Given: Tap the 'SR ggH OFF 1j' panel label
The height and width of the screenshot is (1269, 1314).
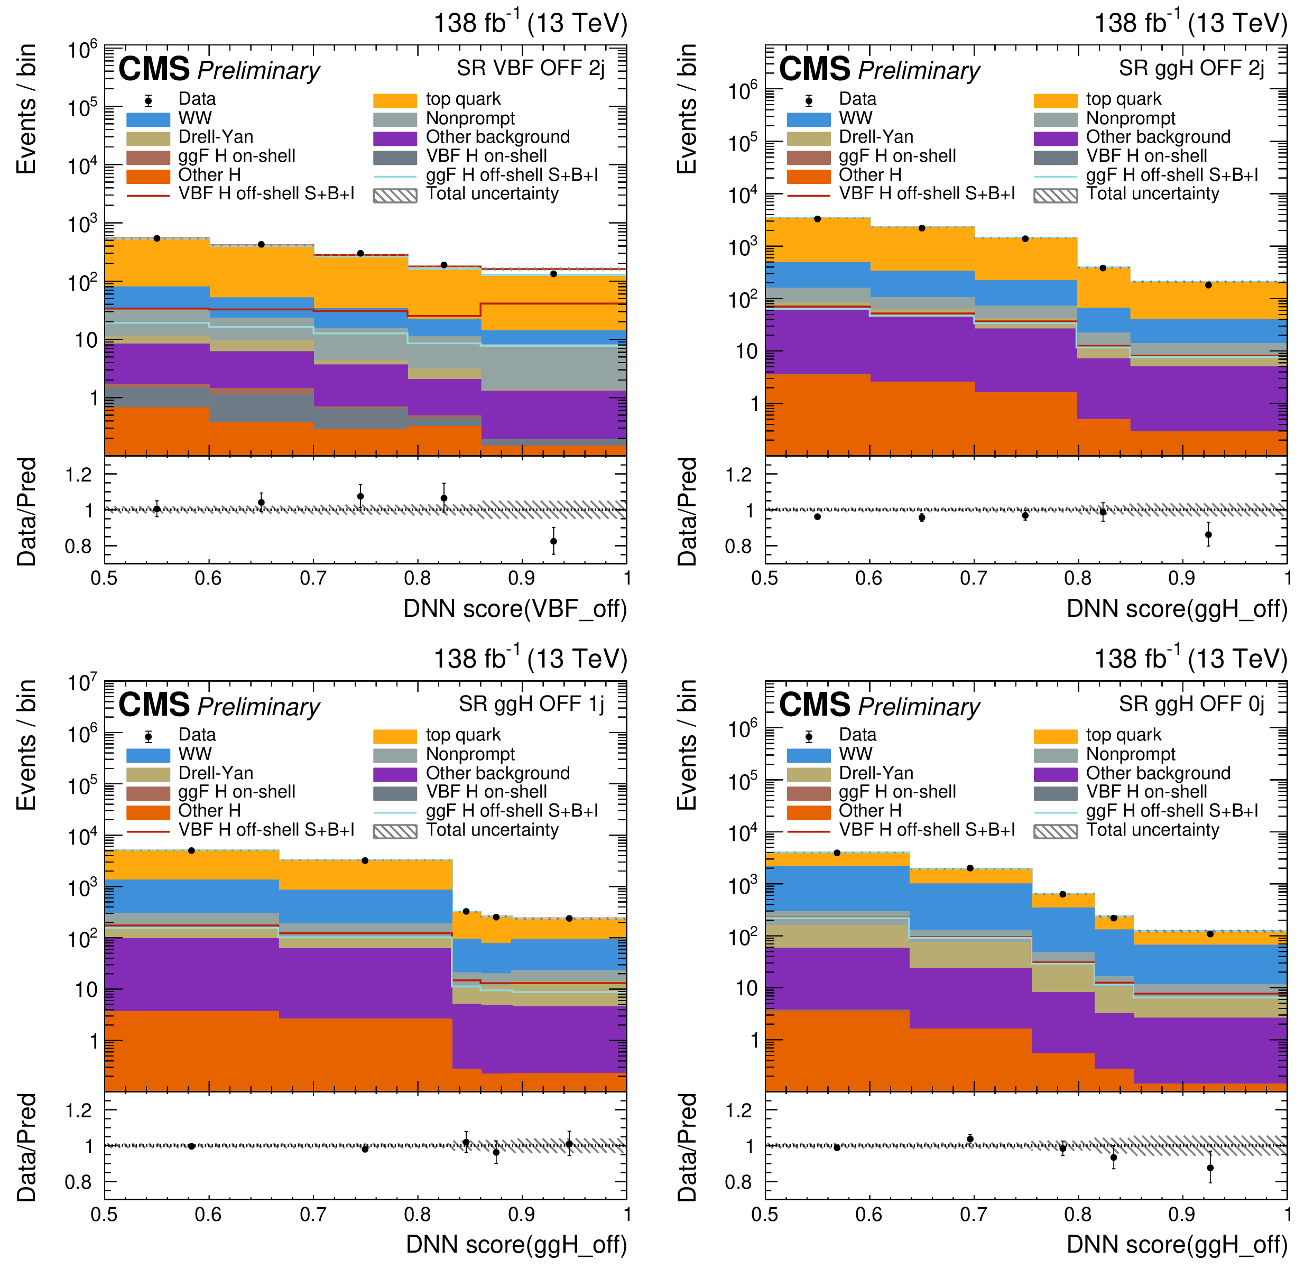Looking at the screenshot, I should (x=531, y=704).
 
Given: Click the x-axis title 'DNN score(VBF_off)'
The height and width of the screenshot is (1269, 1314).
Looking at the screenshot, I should (x=515, y=609).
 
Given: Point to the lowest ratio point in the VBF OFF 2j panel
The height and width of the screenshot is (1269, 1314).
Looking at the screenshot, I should (x=554, y=542).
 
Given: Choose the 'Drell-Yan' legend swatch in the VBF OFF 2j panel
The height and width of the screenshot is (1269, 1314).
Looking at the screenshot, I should (x=148, y=138).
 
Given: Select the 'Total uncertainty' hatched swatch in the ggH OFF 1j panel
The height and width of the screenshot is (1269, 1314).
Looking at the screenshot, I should (x=395, y=831).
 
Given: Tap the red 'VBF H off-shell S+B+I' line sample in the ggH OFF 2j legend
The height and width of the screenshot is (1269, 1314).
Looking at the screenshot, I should (x=809, y=195).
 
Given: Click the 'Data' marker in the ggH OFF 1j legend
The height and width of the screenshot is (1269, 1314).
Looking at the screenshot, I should (x=148, y=737).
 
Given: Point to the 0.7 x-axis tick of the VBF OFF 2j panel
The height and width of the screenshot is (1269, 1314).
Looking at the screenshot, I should (x=313, y=578).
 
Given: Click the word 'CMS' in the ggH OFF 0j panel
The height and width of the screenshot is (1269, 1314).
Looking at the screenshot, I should (x=815, y=705).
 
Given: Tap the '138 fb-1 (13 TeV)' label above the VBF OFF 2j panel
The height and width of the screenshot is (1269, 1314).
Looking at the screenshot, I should (x=530, y=23).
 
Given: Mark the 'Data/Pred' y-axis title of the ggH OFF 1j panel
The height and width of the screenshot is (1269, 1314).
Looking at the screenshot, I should (x=27, y=1147).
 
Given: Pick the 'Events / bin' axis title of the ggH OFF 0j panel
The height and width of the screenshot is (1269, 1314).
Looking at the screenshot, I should (x=687, y=745).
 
